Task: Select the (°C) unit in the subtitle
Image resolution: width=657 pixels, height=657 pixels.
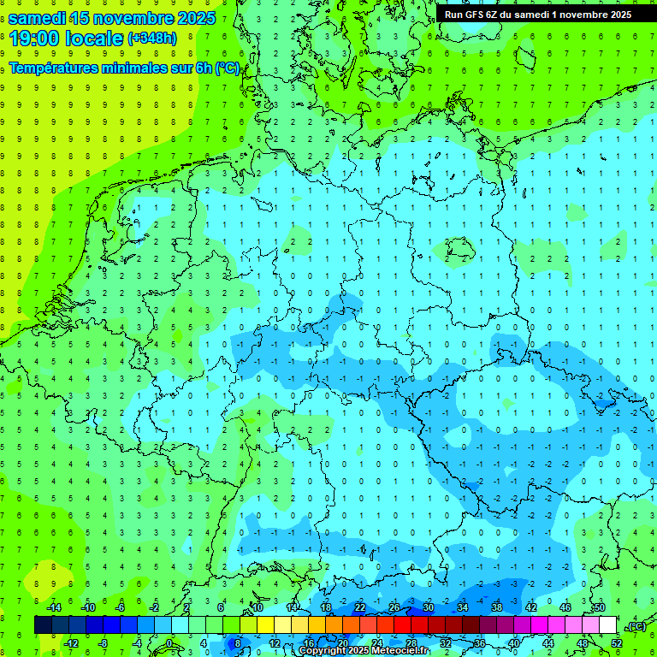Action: click(227, 68)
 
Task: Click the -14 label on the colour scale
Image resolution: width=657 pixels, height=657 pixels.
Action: click(53, 607)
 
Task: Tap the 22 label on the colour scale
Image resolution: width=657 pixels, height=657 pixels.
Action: click(360, 607)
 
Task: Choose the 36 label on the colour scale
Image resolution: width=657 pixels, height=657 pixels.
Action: click(480, 643)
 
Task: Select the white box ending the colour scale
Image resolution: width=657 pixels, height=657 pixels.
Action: click(608, 625)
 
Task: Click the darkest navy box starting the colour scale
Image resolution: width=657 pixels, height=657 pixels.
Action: click(43, 625)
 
